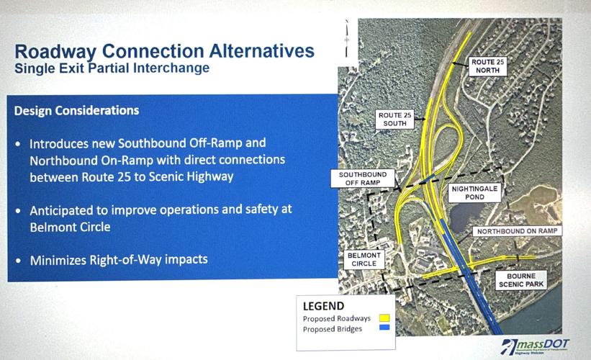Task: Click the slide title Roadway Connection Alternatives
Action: click(164, 53)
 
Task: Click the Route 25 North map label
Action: click(488, 67)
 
